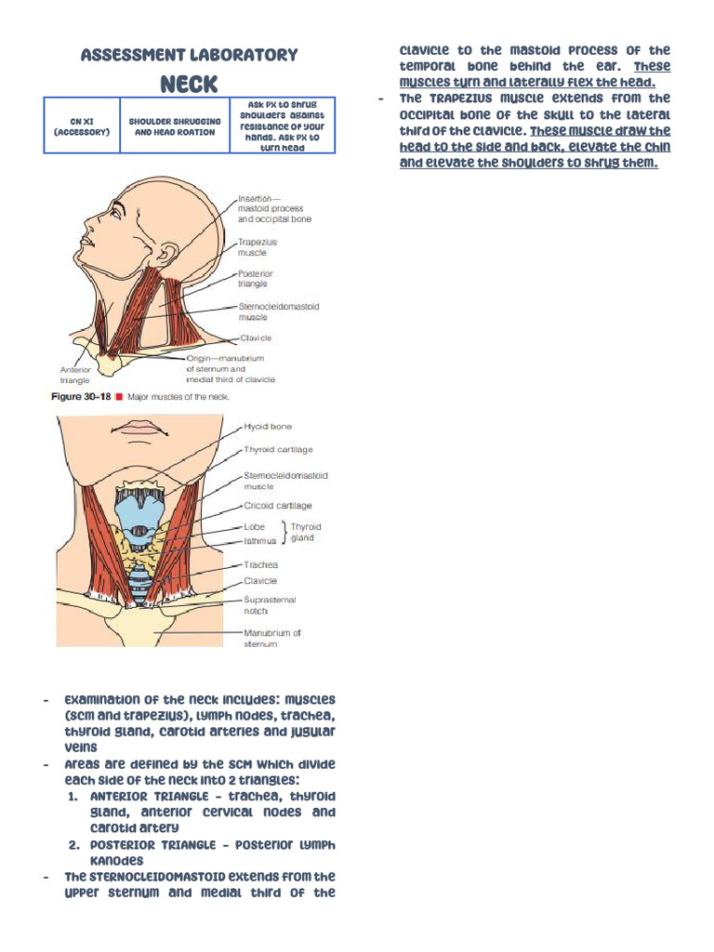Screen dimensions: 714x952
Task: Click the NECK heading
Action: pyautogui.click(x=189, y=85)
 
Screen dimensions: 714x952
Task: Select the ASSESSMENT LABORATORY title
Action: pyautogui.click(x=189, y=55)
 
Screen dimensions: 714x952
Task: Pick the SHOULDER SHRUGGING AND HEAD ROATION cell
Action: pyautogui.click(x=175, y=126)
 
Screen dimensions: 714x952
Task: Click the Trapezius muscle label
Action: pyautogui.click(x=258, y=247)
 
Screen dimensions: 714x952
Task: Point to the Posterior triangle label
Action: pyautogui.click(x=258, y=279)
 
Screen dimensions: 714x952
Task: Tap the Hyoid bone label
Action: pyautogui.click(x=268, y=427)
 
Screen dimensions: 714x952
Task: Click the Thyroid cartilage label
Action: pyautogui.click(x=279, y=450)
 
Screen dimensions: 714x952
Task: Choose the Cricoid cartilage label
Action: pyautogui.click(x=278, y=506)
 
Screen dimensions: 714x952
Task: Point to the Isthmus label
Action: pyautogui.click(x=260, y=541)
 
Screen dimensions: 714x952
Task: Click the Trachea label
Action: pyautogui.click(x=261, y=564)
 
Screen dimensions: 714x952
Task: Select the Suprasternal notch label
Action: pyautogui.click(x=270, y=605)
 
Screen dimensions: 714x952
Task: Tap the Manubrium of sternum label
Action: pyautogui.click(x=272, y=638)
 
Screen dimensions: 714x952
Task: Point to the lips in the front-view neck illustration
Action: pyautogui.click(x=139, y=428)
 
